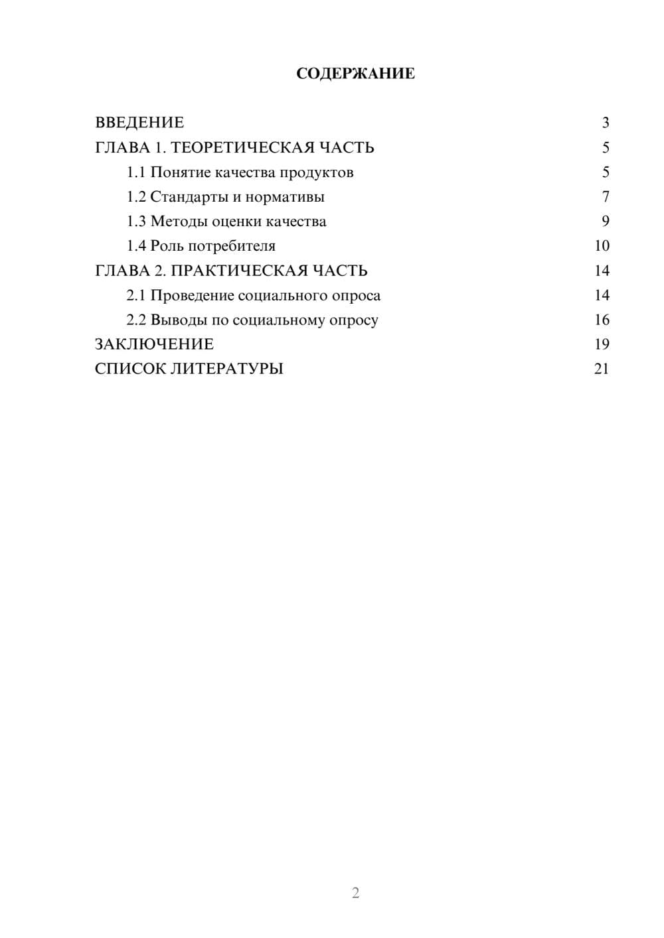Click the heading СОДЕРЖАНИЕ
point(355,74)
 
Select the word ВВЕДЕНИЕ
point(139,123)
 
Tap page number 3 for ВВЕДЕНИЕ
point(605,123)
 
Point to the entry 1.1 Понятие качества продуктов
point(240,172)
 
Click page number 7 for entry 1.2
point(605,197)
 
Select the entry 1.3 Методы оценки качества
point(226,222)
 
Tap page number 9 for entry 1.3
point(605,222)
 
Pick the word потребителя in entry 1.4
point(232,246)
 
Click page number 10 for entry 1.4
point(602,246)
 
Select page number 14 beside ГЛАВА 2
point(602,271)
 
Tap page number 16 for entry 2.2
point(602,320)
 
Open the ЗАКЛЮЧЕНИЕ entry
point(154,344)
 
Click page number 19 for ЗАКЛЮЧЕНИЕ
point(602,344)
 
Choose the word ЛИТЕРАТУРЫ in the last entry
point(227,369)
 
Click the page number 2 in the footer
point(355,893)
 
